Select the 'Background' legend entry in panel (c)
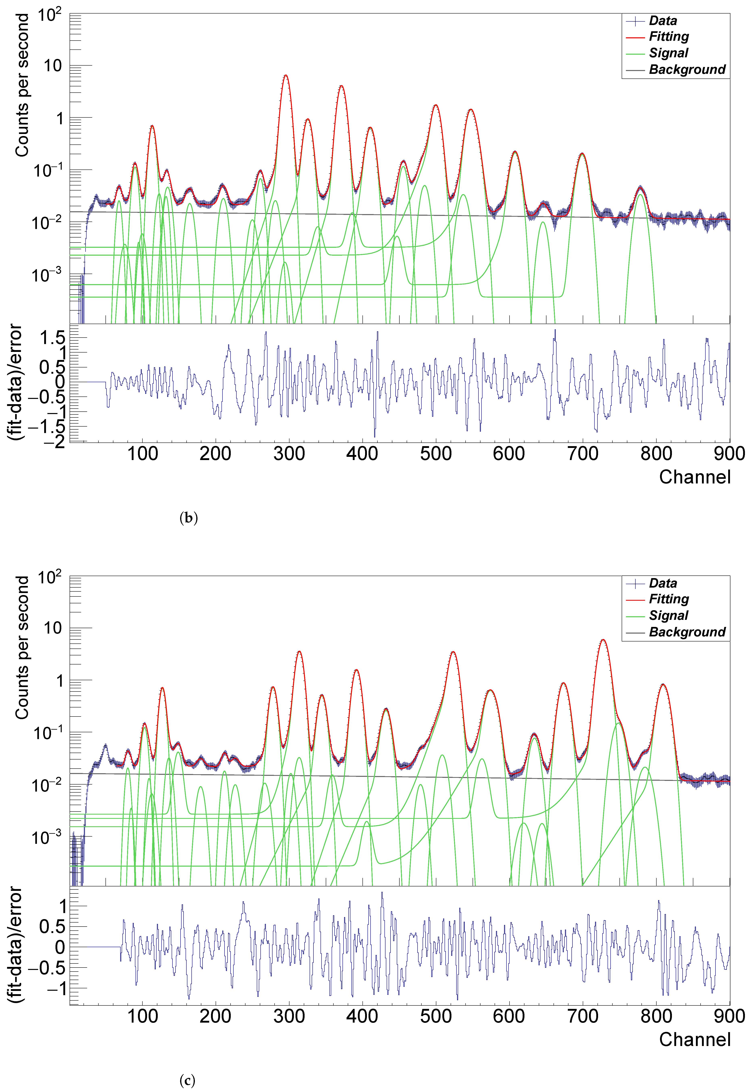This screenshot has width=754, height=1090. (x=686, y=632)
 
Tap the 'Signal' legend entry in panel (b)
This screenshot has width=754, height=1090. (x=668, y=53)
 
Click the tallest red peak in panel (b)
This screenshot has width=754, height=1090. (x=285, y=76)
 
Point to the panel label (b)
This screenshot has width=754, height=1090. (x=188, y=518)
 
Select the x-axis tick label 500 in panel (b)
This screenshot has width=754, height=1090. (x=435, y=454)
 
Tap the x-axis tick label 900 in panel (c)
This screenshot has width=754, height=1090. (x=729, y=1016)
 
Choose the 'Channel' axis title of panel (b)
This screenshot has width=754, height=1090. (x=694, y=477)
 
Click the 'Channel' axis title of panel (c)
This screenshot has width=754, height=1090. (x=694, y=1039)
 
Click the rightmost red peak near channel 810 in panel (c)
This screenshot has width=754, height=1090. (x=663, y=684)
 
